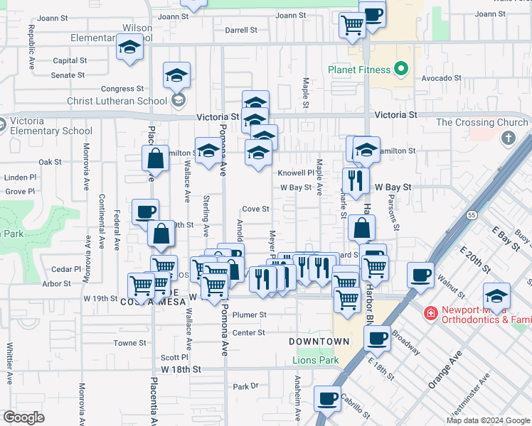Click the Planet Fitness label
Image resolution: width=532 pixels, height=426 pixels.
(359, 70)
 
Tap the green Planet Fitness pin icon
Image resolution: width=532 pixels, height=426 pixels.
(401, 70)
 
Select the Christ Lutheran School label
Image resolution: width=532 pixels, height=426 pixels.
(117, 101)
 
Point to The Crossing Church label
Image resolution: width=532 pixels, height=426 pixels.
(482, 122)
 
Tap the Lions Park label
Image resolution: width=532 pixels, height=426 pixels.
(316, 360)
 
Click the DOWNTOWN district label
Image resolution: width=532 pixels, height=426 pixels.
(319, 342)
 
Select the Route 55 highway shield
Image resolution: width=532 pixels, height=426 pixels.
(471, 214)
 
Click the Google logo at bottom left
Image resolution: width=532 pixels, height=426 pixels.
(23, 417)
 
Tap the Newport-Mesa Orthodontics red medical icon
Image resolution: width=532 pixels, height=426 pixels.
(430, 312)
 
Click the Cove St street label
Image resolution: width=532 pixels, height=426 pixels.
(255, 209)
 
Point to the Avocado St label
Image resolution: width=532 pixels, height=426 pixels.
(437, 78)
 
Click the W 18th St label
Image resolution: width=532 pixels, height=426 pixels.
(181, 369)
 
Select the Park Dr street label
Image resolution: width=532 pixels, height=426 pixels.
(245, 386)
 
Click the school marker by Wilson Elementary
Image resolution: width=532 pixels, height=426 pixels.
(129, 48)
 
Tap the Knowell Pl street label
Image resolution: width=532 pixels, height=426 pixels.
(295, 173)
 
